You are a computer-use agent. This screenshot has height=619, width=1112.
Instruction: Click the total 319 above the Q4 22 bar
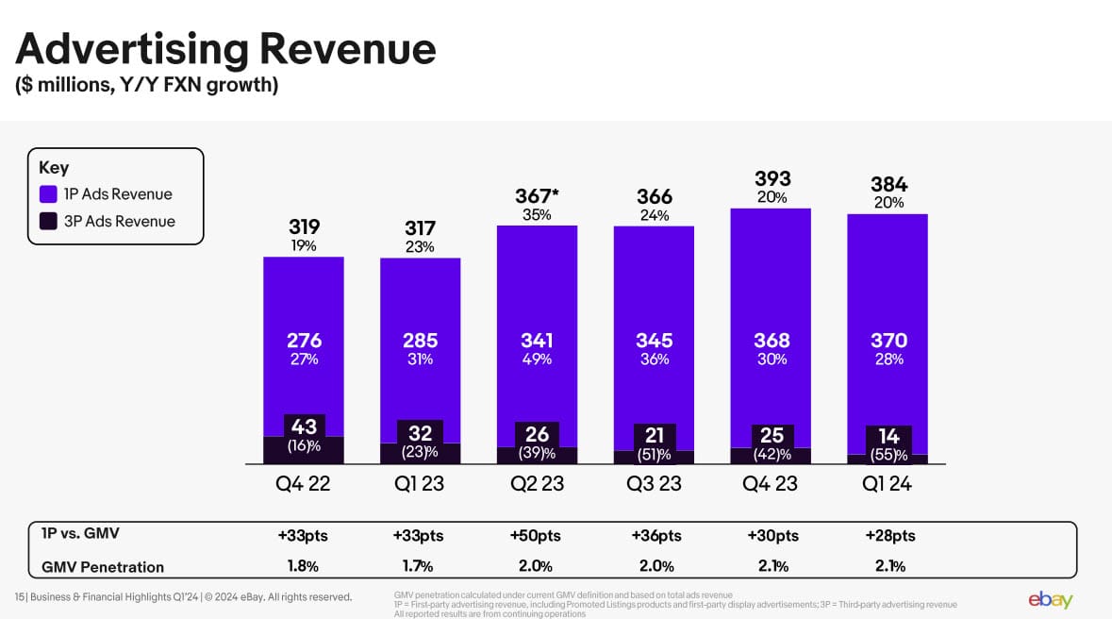pyautogui.click(x=304, y=226)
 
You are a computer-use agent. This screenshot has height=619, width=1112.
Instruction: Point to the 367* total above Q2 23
pyautogui.click(x=537, y=196)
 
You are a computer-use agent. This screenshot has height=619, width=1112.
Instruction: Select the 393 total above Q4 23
pyautogui.click(x=772, y=178)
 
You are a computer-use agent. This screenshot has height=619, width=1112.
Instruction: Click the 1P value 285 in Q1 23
pyautogui.click(x=420, y=340)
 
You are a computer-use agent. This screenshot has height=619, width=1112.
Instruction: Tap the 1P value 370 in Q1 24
pyautogui.click(x=888, y=340)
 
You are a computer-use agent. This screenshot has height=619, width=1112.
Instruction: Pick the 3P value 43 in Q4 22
pyautogui.click(x=304, y=427)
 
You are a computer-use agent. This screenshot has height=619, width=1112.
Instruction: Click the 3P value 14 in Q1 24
pyautogui.click(x=888, y=436)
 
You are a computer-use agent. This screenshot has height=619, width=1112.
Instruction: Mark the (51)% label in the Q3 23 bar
pyautogui.click(x=654, y=454)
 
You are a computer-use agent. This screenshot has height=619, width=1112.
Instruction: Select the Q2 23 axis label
pyautogui.click(x=537, y=484)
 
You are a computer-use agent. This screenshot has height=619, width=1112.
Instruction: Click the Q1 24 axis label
pyautogui.click(x=888, y=484)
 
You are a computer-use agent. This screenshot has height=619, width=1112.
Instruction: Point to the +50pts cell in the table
pyautogui.click(x=535, y=536)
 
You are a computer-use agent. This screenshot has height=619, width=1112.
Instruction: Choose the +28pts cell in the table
pyautogui.click(x=889, y=536)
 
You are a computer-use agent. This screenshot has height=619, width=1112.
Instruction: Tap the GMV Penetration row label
pyautogui.click(x=103, y=567)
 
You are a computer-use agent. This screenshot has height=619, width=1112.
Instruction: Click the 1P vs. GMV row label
pyautogui.click(x=81, y=533)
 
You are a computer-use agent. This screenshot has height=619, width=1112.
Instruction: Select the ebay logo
pyautogui.click(x=1050, y=599)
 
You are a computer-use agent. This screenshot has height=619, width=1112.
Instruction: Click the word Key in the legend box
pyautogui.click(x=54, y=168)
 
